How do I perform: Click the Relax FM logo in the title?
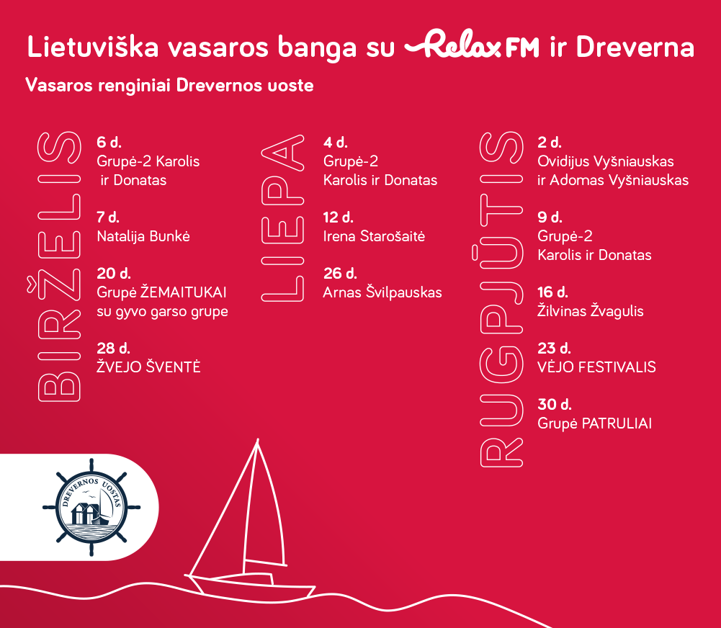pyautogui.click(x=471, y=44)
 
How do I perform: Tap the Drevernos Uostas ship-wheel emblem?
pyautogui.click(x=91, y=507)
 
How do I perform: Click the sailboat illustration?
pyautogui.click(x=251, y=519)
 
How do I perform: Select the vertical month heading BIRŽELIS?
pyautogui.click(x=59, y=266)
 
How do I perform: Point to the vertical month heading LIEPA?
pyautogui.click(x=283, y=218)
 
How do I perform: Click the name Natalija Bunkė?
pyautogui.click(x=143, y=236)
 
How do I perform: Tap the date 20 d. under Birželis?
pyautogui.click(x=114, y=274)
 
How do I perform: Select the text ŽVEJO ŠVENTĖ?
pyautogui.click(x=148, y=367)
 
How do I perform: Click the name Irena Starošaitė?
pyautogui.click(x=374, y=236)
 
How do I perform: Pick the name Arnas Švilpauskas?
pyautogui.click(x=382, y=292)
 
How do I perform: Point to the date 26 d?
pyautogui.click(x=340, y=274)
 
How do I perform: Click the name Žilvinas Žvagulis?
pyautogui.click(x=591, y=311)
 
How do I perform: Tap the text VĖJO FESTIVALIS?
pyautogui.click(x=597, y=367)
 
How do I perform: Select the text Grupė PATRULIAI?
pyautogui.click(x=594, y=423)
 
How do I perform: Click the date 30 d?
pyautogui.click(x=555, y=405)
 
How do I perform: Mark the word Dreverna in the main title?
pyautogui.click(x=635, y=47)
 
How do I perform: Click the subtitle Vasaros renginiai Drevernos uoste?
pyautogui.click(x=169, y=86)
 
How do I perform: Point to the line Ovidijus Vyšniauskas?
pyautogui.click(x=606, y=161)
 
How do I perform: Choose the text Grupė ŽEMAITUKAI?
pyautogui.click(x=161, y=292)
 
